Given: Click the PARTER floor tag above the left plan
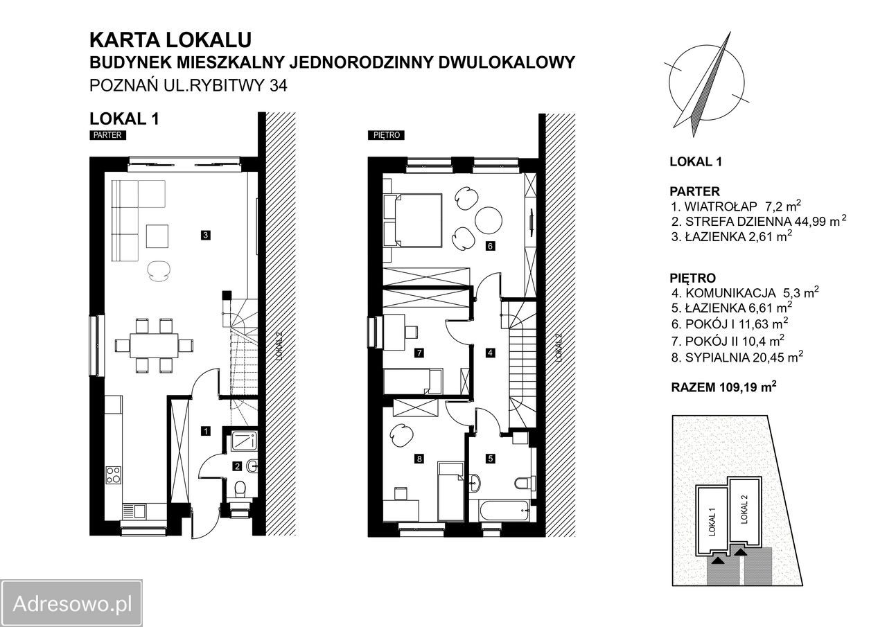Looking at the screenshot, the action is point(107,135).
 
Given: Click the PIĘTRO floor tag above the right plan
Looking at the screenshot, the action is point(386,135).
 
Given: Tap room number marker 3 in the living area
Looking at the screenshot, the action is point(205,235).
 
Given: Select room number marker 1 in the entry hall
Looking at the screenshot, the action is point(206,431).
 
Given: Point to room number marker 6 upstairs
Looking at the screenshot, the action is point(490,246).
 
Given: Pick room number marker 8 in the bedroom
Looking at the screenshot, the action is point(419,459).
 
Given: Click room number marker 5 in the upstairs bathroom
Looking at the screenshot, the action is point(491,459).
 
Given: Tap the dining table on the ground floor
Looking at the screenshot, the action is point(154,346).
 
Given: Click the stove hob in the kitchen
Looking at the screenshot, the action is point(114,475).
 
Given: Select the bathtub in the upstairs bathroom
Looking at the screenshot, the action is point(500,511).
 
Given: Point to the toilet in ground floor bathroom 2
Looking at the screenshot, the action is point(240,490).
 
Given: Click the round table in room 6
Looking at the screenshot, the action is point(489,220).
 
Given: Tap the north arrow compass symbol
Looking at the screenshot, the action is point(706,85).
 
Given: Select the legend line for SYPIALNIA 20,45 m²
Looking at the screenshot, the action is point(737,357).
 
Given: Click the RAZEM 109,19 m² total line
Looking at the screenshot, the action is point(724,387).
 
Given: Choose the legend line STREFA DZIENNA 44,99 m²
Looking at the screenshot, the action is point(759,221).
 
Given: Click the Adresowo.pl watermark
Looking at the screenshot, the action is point(71,604).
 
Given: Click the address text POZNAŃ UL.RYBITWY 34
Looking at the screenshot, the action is point(188,85).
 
